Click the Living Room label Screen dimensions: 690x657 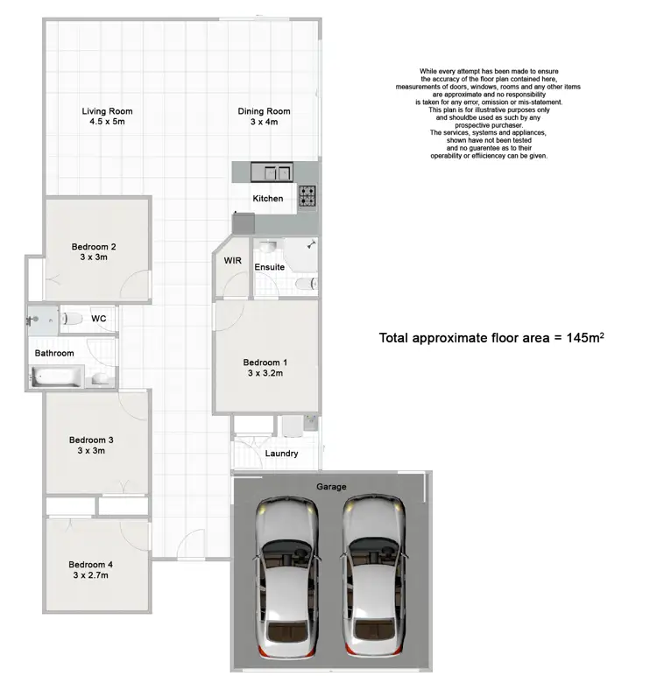107,111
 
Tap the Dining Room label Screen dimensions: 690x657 264,111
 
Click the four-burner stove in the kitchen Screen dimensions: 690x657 307,197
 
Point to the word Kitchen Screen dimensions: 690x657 267,199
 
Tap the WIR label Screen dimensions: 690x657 232,261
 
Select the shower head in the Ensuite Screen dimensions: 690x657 311,246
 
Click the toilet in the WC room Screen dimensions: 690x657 73,319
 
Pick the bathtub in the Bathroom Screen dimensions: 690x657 58,377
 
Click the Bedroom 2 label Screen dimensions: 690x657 94,247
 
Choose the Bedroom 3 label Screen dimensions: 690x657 92,440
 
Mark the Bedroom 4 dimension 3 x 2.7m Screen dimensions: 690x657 91,575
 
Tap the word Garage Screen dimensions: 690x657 331,487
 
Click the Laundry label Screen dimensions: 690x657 281,454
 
